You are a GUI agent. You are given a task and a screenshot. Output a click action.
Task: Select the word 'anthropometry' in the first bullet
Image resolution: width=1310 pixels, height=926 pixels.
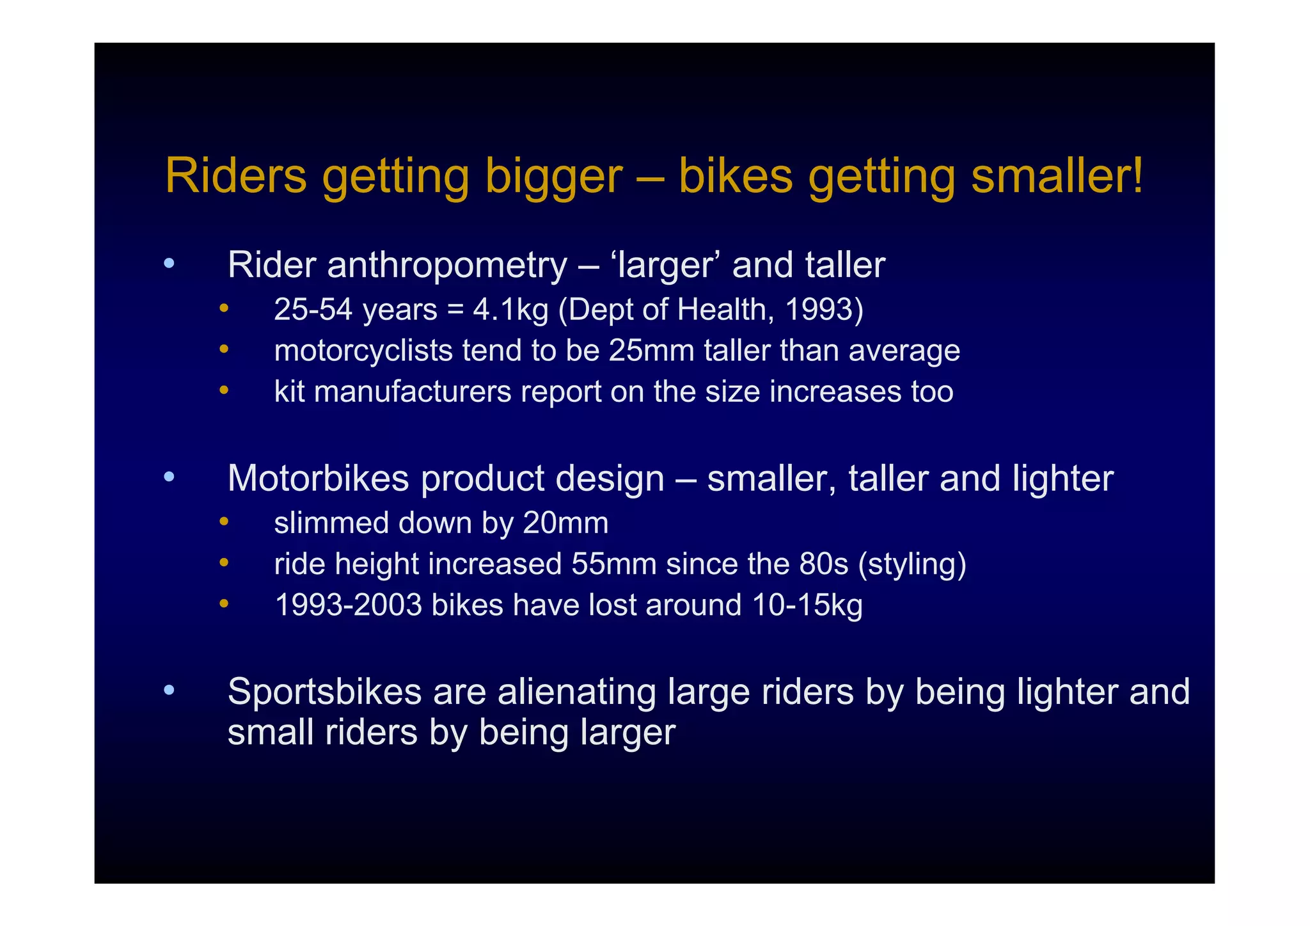pos(446,265)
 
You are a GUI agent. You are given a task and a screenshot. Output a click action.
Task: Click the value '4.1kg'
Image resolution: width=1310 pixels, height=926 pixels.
pos(510,310)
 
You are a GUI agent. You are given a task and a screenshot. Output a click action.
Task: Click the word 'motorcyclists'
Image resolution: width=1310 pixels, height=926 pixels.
pos(363,351)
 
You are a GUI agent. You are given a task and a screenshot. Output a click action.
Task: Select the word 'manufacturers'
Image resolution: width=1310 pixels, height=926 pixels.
pos(413,392)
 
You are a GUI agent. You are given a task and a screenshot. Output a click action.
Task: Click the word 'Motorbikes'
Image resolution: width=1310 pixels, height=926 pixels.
pos(318,478)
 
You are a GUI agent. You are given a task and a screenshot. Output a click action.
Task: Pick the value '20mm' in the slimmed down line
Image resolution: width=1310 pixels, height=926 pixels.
pos(565,523)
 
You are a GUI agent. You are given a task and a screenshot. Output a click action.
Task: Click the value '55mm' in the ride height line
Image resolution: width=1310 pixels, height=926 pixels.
pos(614,564)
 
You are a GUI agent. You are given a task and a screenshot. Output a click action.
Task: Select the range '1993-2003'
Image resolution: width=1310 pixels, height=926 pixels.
pos(348,605)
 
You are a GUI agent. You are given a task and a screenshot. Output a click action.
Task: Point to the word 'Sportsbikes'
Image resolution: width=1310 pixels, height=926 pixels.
pos(324,692)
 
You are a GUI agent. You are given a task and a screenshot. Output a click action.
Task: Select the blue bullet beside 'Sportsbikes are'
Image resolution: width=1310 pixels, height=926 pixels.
pos(168,690)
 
